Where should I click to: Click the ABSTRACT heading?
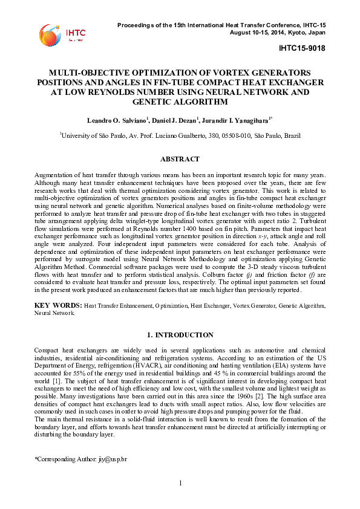(x=180, y=159)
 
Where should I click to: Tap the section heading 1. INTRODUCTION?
(x=180, y=334)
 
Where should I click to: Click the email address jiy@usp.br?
(x=113, y=461)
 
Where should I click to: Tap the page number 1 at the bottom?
(x=180, y=482)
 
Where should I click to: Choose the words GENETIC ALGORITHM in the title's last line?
(x=180, y=102)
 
